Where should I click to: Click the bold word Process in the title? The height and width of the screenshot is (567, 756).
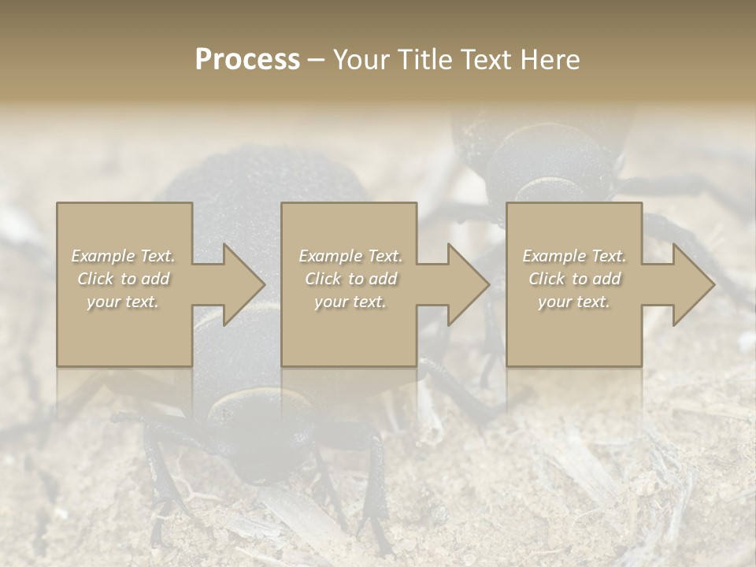(247, 60)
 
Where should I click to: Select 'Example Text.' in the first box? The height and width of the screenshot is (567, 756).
(123, 256)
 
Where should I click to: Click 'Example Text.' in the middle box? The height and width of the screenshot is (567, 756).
(350, 256)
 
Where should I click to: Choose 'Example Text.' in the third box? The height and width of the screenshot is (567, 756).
(574, 256)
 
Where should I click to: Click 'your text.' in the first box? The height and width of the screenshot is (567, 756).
(123, 302)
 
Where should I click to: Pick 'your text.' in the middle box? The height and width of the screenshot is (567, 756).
(350, 302)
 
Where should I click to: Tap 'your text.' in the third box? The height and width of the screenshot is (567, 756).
(574, 302)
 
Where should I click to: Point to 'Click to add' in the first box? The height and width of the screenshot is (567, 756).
(123, 279)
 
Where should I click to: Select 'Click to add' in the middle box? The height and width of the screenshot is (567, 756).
(350, 279)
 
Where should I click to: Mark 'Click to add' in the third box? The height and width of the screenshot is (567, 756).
(574, 279)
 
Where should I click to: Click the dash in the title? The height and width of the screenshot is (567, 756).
(317, 61)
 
